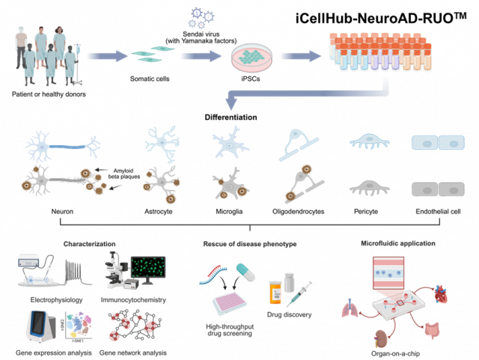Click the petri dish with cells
251,57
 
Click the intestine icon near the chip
433,327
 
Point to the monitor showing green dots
149,270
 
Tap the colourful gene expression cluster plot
76,327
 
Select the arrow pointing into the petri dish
201,55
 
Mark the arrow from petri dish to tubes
300,56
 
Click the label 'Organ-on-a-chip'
395,352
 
